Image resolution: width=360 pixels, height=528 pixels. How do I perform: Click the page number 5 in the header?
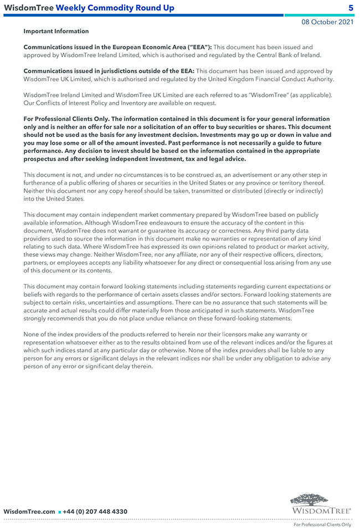[x=351, y=8]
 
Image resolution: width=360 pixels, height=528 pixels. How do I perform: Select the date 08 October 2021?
[x=327, y=22]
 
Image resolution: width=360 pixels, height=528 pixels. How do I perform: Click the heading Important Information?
[x=56, y=32]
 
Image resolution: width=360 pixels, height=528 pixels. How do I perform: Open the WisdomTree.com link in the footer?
[x=29, y=511]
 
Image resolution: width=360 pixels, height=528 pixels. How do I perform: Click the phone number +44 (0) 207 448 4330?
[x=95, y=511]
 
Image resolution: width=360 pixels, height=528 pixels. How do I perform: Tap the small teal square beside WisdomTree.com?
[x=59, y=512]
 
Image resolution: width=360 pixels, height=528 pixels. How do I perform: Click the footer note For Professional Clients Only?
[x=322, y=524]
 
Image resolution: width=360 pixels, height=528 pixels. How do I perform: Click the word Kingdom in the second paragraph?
[x=246, y=79]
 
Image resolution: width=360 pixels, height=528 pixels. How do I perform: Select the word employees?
[x=70, y=263]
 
